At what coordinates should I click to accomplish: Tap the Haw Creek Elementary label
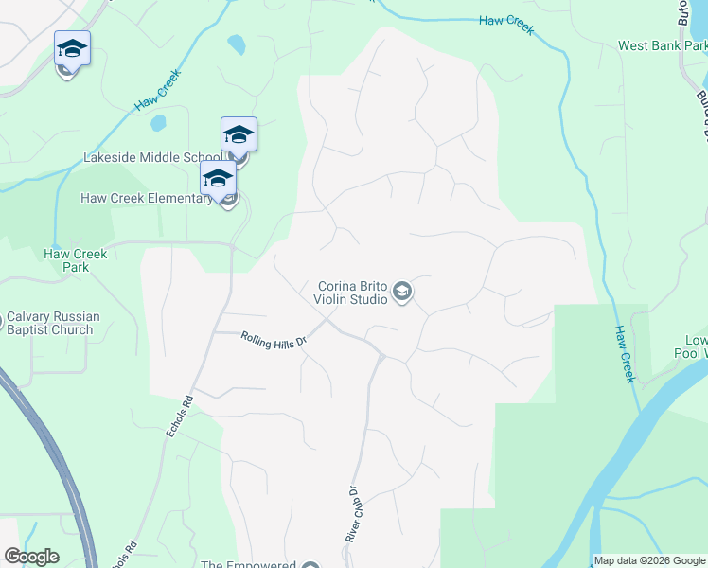pyautogui.click(x=147, y=198)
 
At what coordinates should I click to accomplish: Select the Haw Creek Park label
pyautogui.click(x=76, y=260)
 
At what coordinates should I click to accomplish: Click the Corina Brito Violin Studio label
pyautogui.click(x=351, y=293)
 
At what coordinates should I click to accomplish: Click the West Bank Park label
pyautogui.click(x=661, y=45)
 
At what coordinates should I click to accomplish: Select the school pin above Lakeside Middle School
pyautogui.click(x=239, y=133)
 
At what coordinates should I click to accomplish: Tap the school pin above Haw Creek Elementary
pyautogui.click(x=218, y=177)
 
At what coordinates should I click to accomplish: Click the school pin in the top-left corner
pyautogui.click(x=72, y=48)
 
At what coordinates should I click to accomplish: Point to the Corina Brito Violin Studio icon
pyautogui.click(x=402, y=292)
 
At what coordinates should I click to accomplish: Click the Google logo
pyautogui.click(x=31, y=557)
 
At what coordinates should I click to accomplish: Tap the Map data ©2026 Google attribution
pyautogui.click(x=649, y=561)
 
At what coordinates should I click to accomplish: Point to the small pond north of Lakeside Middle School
pyautogui.click(x=158, y=123)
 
